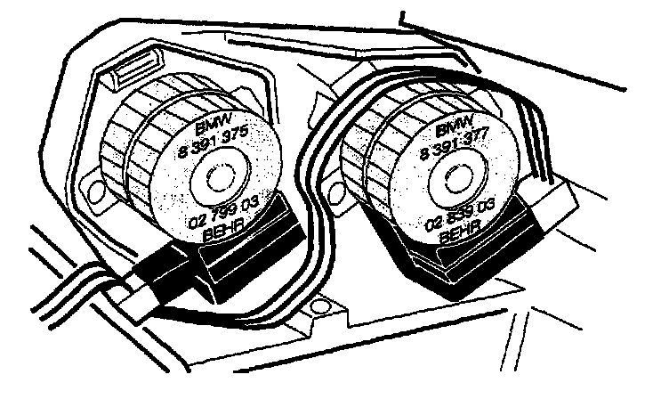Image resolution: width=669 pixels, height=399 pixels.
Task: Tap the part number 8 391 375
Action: click(216, 142)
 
